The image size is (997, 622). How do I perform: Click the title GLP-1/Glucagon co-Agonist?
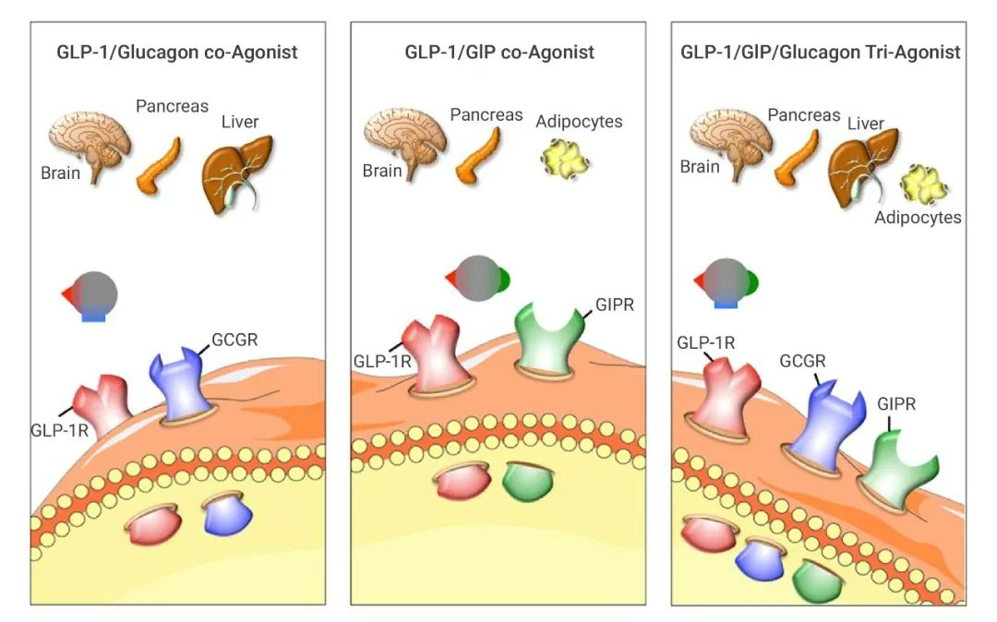pos(178,52)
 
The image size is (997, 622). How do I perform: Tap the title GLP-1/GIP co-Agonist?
pos(498,52)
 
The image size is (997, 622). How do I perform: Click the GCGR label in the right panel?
pos(804,362)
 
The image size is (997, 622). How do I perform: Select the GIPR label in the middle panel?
pos(615,305)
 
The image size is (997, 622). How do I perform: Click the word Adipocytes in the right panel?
pos(918,218)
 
